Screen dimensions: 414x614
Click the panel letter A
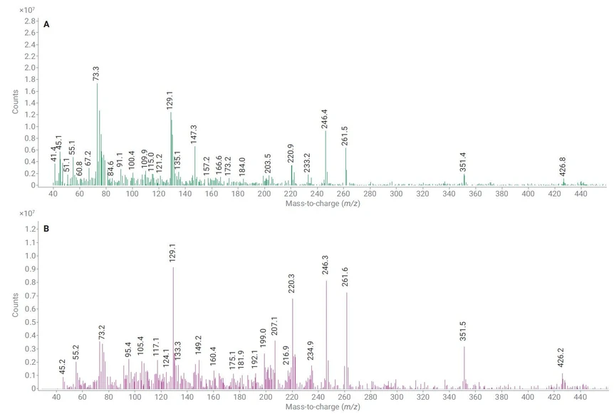46,25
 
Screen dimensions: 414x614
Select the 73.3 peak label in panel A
96,73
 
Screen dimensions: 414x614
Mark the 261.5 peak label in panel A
345,136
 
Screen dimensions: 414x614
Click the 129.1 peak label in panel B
172,255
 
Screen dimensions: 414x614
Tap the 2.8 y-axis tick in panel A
30,21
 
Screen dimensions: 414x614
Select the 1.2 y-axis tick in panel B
30,229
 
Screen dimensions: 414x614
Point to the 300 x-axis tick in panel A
395,194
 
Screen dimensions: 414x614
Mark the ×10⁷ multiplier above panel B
26,214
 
